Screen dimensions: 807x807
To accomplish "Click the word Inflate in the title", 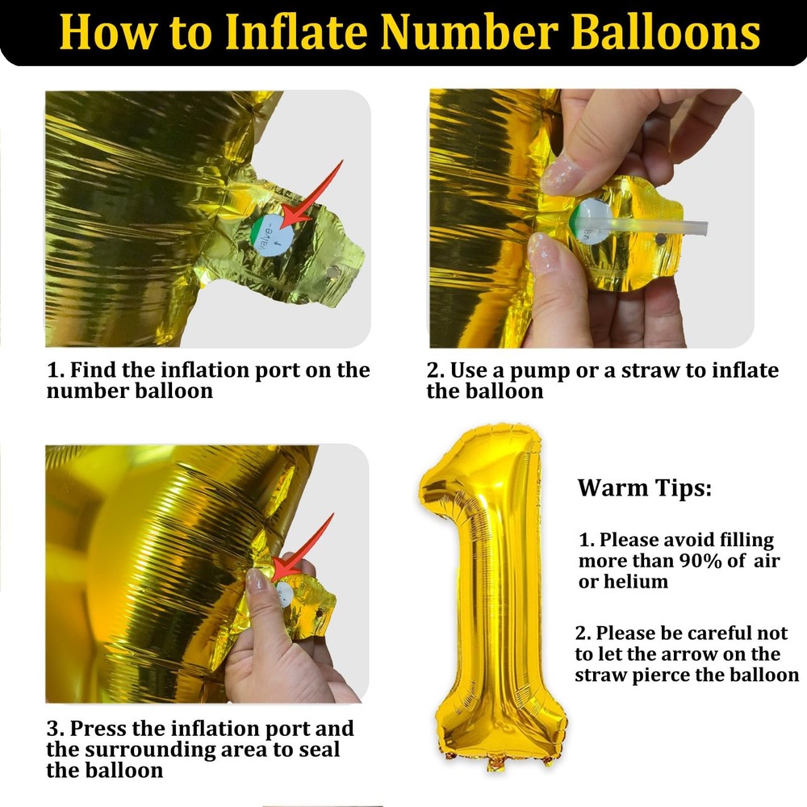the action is click(x=296, y=32).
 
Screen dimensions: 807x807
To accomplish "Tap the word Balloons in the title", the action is click(x=666, y=32).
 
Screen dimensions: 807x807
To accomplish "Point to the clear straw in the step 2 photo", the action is click(x=643, y=225).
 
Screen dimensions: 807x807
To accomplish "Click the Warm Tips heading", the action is click(x=644, y=488).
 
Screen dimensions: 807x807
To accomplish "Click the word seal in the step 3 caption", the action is click(x=317, y=750).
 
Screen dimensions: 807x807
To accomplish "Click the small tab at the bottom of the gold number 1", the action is click(x=496, y=763).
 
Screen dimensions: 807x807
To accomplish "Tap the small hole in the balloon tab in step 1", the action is click(x=332, y=270).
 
